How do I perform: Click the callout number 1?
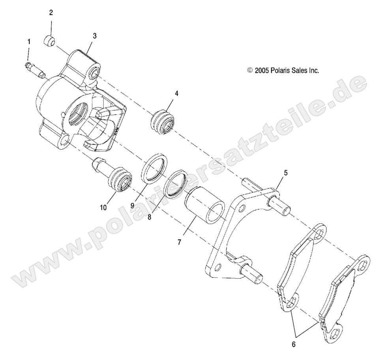pos(28,41)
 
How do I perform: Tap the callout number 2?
pos(51,13)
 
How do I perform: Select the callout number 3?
pos(94,36)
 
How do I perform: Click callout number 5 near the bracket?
pos(285,173)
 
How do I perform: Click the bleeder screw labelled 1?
pos(35,69)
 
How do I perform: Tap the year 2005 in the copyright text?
pos(262,71)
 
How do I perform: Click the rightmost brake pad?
pos(345,300)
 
